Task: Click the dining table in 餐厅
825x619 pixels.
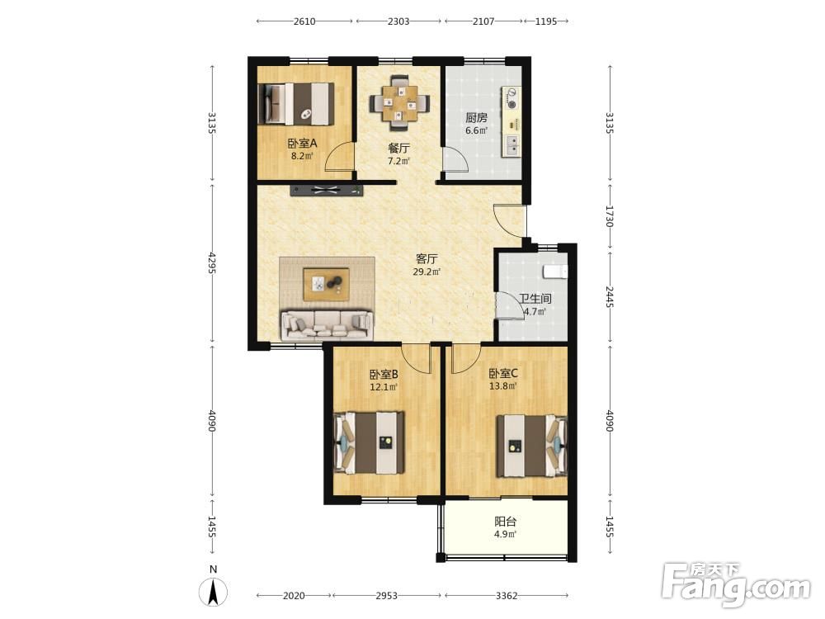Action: [x=399, y=102]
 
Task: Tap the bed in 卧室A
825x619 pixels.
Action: [x=296, y=104]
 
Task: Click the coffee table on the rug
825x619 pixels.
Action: [x=326, y=284]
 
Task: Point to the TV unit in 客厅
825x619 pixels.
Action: [x=326, y=190]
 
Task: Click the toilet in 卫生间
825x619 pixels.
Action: [x=555, y=272]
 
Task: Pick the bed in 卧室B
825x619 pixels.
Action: [x=370, y=442]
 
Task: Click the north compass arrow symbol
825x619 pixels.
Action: [x=213, y=591]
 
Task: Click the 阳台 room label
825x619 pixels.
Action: [x=505, y=522]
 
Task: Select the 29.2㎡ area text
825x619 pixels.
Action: [x=427, y=272]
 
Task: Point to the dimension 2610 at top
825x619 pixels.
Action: [x=304, y=21]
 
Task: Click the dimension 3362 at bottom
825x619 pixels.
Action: [x=507, y=596]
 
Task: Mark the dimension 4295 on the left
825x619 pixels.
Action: [x=212, y=262]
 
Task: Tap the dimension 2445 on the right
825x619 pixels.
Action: [x=610, y=297]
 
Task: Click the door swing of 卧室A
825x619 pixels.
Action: [x=339, y=156]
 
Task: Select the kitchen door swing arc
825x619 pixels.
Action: [x=455, y=158]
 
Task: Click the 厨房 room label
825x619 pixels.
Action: [x=476, y=118]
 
